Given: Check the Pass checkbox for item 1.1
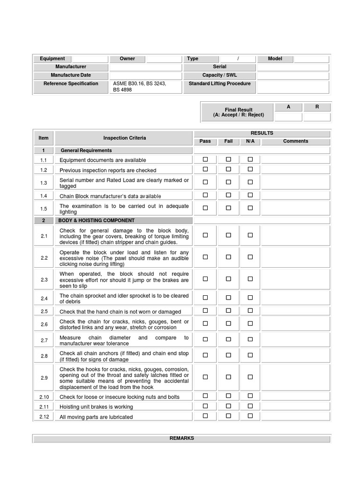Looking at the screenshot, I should [205, 159].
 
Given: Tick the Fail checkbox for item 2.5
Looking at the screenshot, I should [228, 310].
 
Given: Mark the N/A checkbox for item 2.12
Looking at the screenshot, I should [250, 416].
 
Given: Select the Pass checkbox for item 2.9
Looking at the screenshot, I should [205, 376].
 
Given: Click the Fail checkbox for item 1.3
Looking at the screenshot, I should [228, 182].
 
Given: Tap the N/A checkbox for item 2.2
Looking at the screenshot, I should [250, 257].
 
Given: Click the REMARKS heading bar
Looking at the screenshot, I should [181, 438].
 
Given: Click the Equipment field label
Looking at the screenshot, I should [52, 59].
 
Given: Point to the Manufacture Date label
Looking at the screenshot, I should [70, 75].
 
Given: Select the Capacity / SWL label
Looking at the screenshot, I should [219, 75].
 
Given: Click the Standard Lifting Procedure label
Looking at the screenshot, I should [219, 84].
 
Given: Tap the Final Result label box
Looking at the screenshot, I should [238, 112].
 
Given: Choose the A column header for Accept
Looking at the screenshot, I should [288, 107].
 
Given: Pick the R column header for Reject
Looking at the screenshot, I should [317, 107].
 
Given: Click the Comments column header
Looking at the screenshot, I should [295, 141].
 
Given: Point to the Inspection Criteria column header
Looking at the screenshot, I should [124, 138].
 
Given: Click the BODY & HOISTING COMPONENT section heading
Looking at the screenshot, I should [96, 220].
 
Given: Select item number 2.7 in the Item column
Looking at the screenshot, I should [44, 340].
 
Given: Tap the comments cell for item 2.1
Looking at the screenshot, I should [295, 236].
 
